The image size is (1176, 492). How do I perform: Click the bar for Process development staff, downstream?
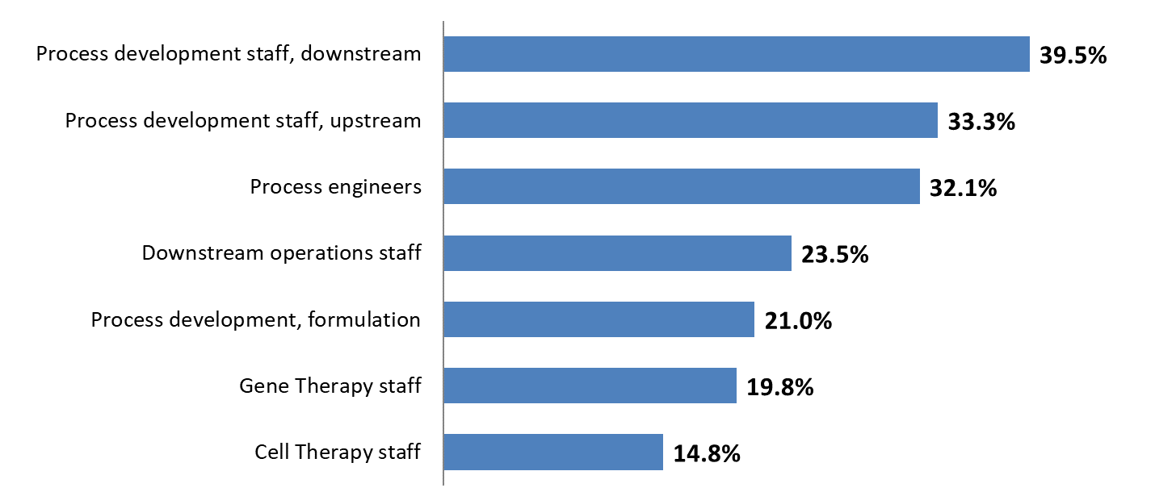[737, 54]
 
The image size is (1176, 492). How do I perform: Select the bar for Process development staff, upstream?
[691, 120]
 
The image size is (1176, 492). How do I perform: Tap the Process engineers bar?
[682, 186]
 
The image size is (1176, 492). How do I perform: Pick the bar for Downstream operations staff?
[617, 253]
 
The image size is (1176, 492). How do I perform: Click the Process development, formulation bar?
[598, 319]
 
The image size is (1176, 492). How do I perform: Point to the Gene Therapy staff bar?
[590, 386]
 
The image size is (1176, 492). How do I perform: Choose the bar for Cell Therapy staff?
[553, 452]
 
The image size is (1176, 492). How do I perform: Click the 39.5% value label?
[1073, 56]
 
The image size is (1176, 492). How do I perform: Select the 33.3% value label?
[981, 123]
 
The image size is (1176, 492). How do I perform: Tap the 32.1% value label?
[963, 189]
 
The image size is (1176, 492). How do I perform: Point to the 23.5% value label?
[834, 256]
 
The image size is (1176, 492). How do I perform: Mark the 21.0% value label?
[797, 322]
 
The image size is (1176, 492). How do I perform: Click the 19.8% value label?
[779, 388]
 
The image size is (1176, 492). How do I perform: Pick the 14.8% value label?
[707, 454]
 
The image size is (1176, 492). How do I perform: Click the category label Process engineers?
[335, 187]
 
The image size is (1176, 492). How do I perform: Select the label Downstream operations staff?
[281, 253]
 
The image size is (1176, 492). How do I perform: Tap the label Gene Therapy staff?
[330, 386]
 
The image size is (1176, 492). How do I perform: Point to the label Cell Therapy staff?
[338, 452]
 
